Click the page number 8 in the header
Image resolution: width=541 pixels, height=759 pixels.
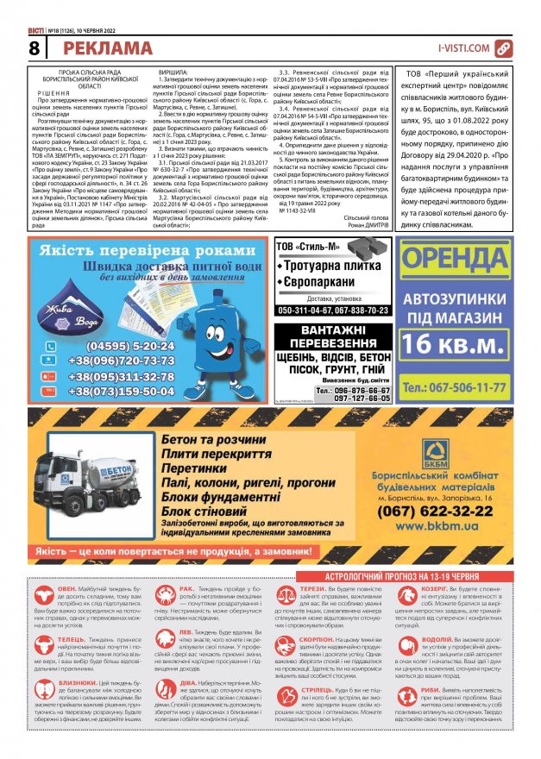[x=33, y=49]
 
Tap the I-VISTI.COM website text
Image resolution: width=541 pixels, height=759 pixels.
[x=463, y=48]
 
